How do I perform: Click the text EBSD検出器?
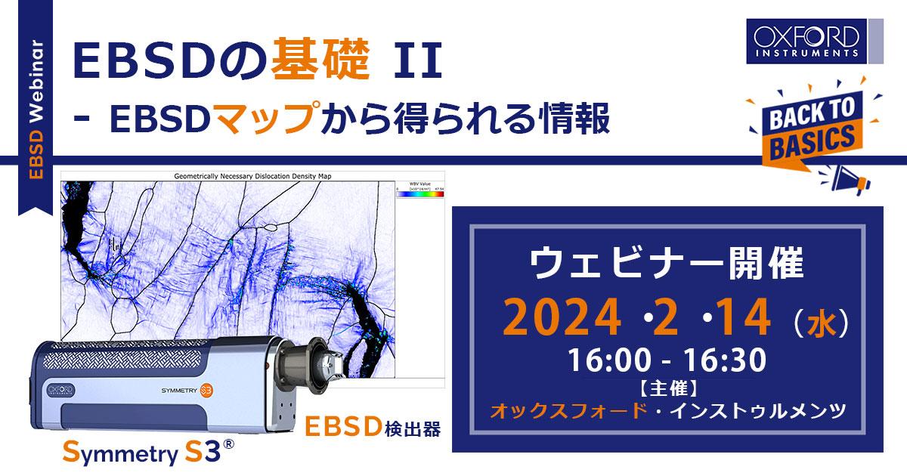(x=373, y=427)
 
